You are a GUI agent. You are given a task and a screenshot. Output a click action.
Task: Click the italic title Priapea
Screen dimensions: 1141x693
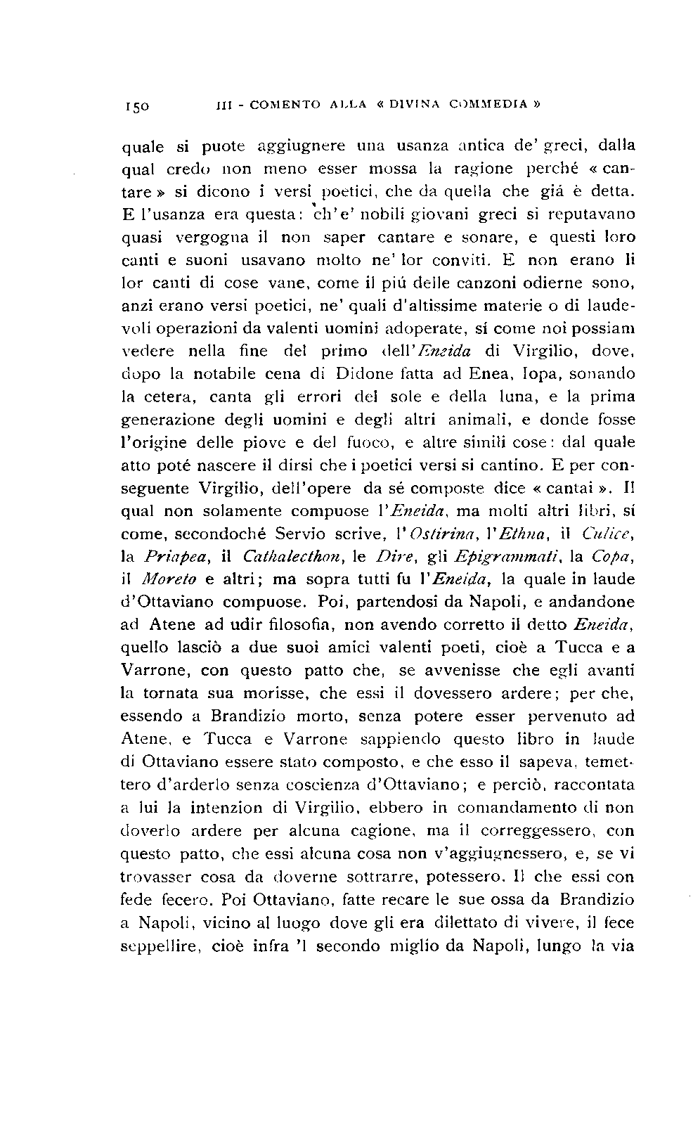click(167, 557)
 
